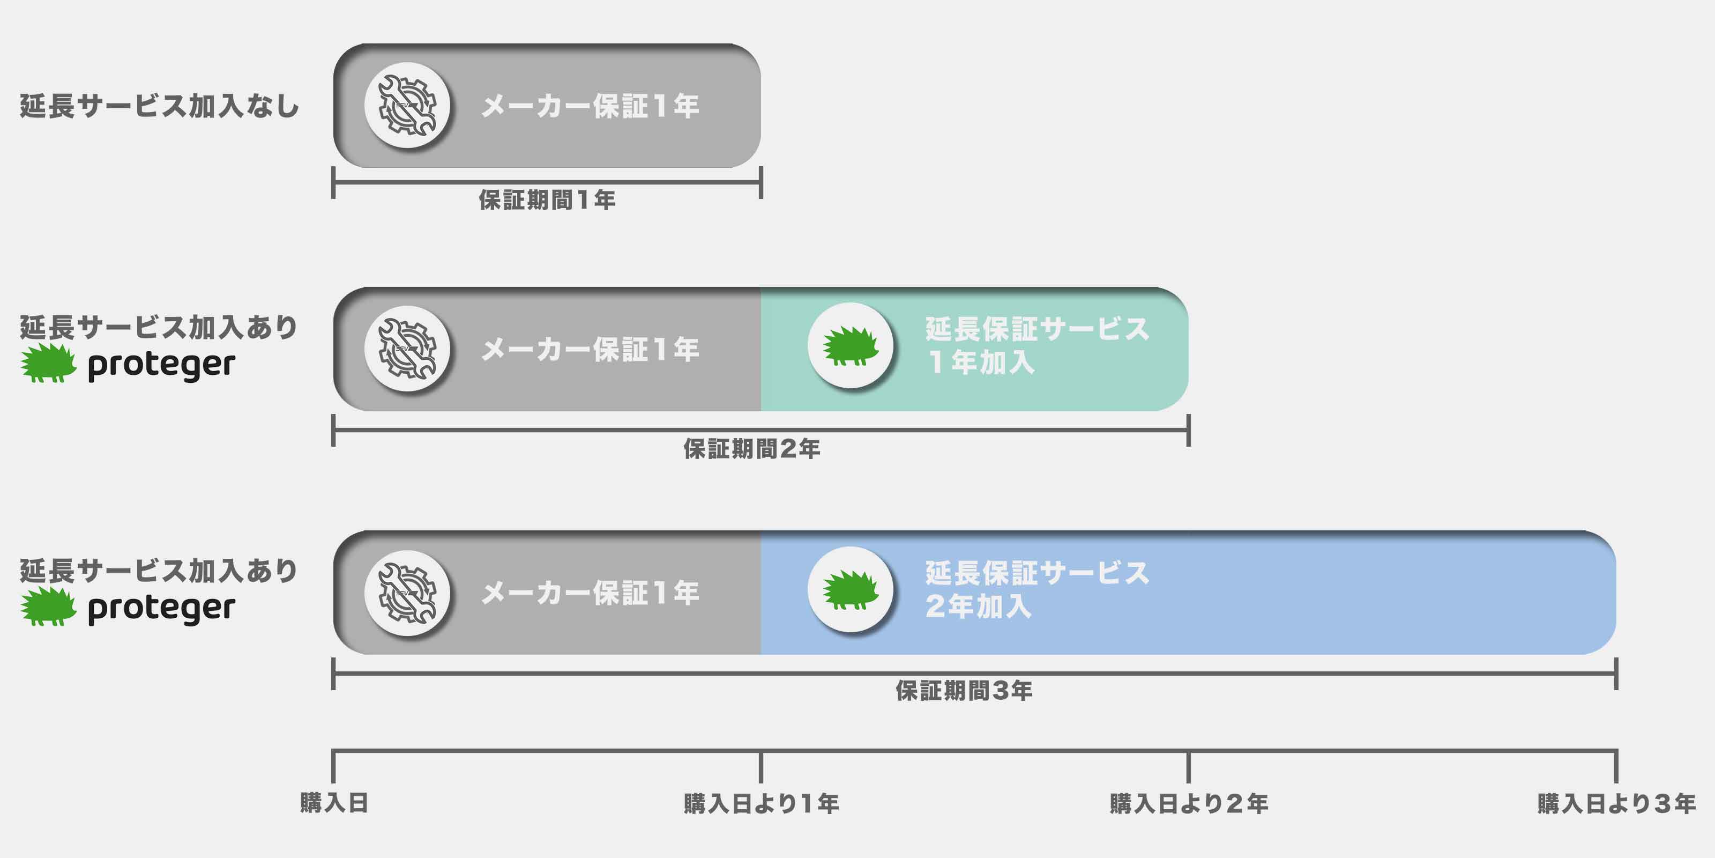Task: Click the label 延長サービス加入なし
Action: (x=159, y=107)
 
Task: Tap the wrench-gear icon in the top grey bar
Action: (x=407, y=105)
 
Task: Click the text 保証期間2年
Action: (x=751, y=449)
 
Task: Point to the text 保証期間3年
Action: (x=964, y=691)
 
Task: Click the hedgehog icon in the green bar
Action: (x=850, y=346)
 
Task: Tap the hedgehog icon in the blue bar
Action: (x=850, y=589)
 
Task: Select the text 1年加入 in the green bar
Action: (x=981, y=363)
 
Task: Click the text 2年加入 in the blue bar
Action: (x=979, y=606)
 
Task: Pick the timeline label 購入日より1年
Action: (x=761, y=803)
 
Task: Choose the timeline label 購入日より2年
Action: (x=1188, y=803)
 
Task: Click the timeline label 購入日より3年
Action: (x=1616, y=803)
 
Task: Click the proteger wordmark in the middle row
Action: (x=162, y=365)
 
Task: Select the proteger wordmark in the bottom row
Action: (x=162, y=609)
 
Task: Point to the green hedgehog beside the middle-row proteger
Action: (x=48, y=363)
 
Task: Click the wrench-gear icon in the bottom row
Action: (x=407, y=592)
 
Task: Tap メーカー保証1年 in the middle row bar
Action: (x=590, y=349)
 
